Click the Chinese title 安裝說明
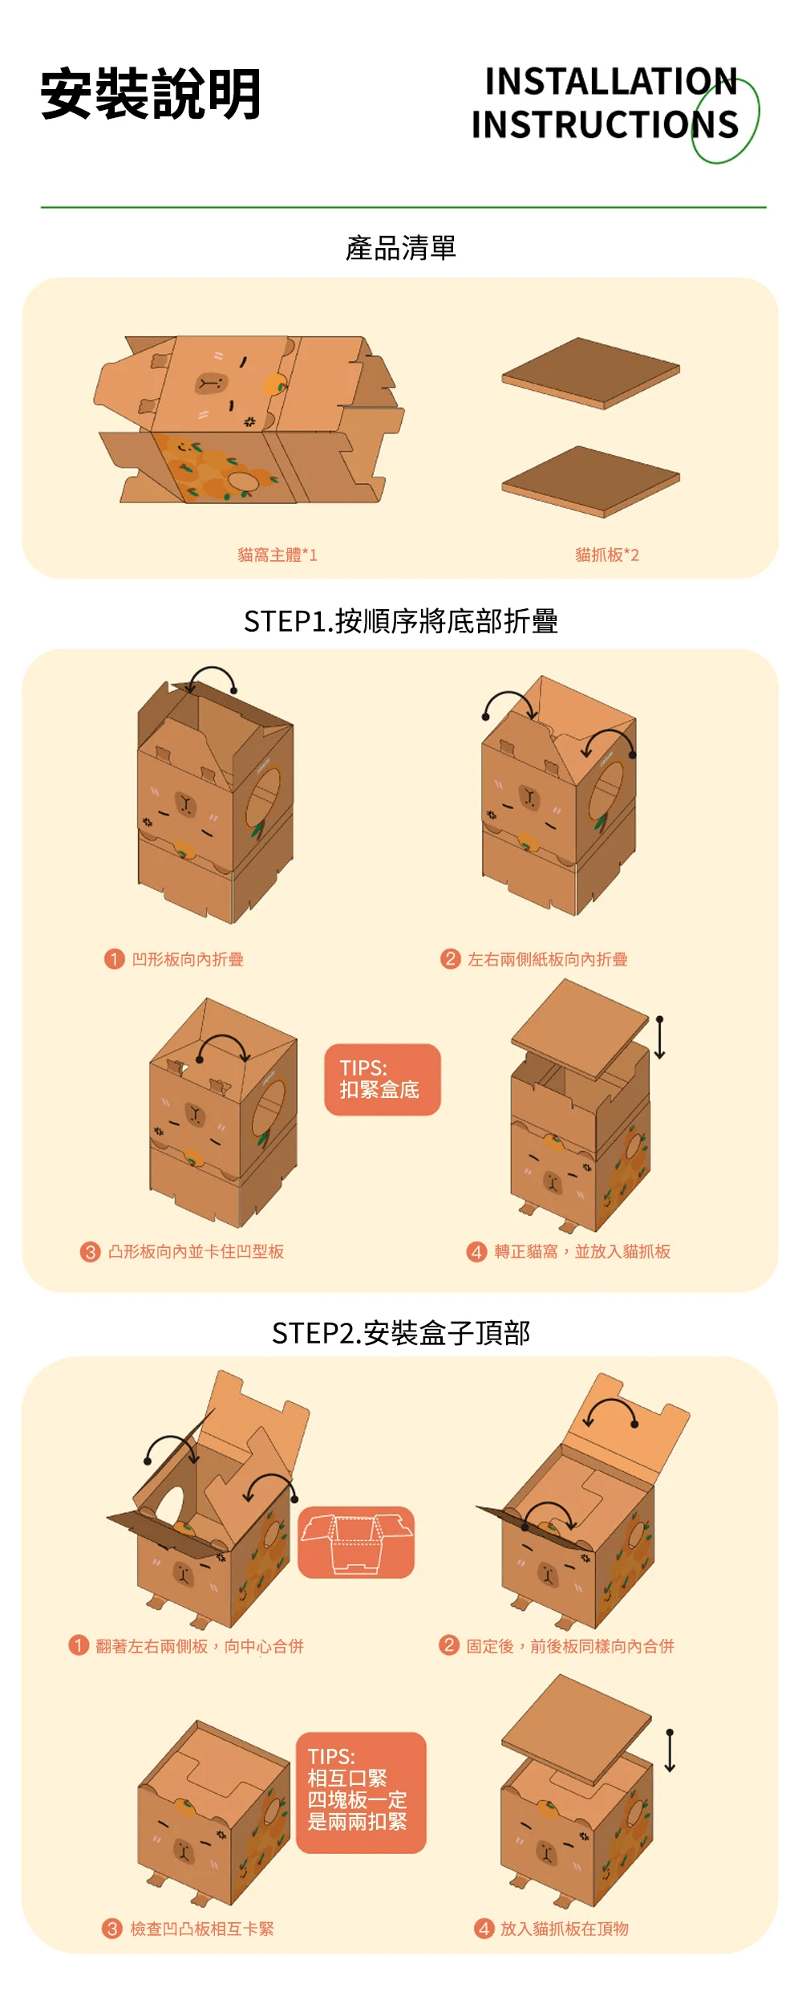pos(151,95)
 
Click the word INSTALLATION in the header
pos(611,82)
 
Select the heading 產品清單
pos(400,248)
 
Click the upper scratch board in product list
pos(591,372)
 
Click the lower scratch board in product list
pos(591,481)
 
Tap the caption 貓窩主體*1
pos(277,555)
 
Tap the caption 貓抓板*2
pos(607,555)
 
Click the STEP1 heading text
pos(400,621)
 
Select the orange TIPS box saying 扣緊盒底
pos(383,1079)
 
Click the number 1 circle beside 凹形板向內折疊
pos(114,959)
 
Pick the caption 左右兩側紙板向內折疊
pos(547,959)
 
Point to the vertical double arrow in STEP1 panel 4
pos(659,1037)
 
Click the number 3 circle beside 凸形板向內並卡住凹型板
pos(90,1252)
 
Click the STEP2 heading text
pos(400,1333)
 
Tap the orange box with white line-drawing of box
pos(356,1543)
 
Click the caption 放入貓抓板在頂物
pos(564,1929)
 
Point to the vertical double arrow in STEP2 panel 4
pos(670,1750)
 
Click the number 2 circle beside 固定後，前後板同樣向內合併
pos(449,1645)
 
